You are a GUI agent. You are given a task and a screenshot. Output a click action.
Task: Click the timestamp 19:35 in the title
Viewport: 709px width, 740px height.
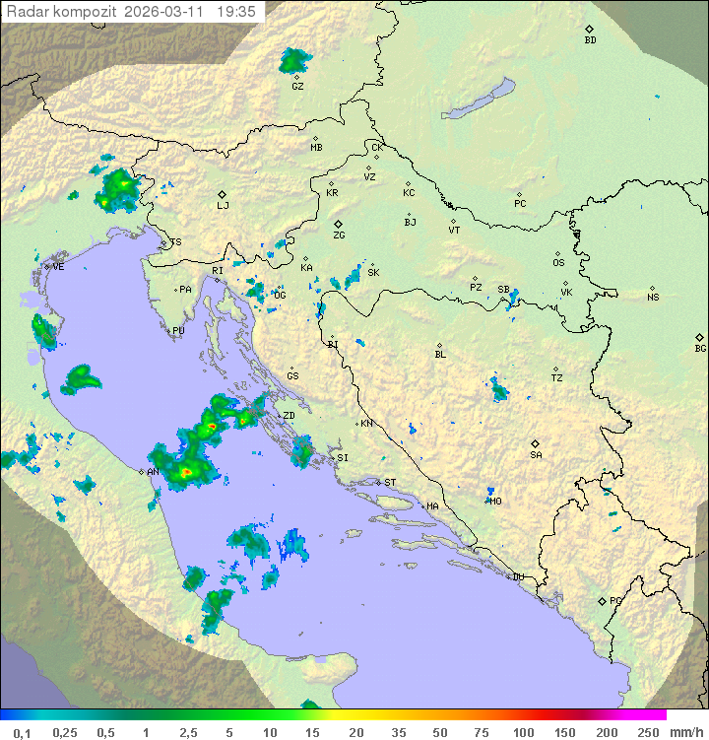pyautogui.click(x=239, y=12)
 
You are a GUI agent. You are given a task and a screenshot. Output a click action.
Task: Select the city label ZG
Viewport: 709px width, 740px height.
pyautogui.click(x=339, y=235)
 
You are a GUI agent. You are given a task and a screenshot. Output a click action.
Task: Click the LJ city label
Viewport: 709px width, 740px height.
pyautogui.click(x=223, y=205)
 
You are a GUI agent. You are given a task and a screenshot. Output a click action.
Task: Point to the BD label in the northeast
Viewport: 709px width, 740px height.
pyautogui.click(x=590, y=40)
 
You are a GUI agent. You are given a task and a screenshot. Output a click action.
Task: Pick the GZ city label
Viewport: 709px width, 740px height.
pyautogui.click(x=297, y=86)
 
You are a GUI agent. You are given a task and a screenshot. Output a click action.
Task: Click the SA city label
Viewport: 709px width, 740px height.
pyautogui.click(x=536, y=454)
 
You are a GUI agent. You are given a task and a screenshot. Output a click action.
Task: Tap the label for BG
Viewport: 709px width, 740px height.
pyautogui.click(x=700, y=348)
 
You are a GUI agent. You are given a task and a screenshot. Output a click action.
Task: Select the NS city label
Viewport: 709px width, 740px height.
pyautogui.click(x=653, y=297)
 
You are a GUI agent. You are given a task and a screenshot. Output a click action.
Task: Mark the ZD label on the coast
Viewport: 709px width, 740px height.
pyautogui.click(x=289, y=416)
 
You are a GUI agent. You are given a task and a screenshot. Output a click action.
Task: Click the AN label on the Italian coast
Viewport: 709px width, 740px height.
pyautogui.click(x=153, y=472)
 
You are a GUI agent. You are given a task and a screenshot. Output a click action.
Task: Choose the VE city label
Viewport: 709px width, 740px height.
pyautogui.click(x=58, y=266)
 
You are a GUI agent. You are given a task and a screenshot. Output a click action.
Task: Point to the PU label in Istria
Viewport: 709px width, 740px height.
pyautogui.click(x=178, y=331)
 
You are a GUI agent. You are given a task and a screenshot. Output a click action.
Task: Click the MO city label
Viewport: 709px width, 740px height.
pyautogui.click(x=495, y=501)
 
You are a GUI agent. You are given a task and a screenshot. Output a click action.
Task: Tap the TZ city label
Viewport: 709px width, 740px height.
pyautogui.click(x=557, y=377)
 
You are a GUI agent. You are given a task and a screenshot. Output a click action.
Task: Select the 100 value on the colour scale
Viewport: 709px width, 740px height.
pyautogui.click(x=523, y=732)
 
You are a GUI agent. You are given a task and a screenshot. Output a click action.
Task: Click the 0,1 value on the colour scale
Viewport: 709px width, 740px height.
pyautogui.click(x=22, y=732)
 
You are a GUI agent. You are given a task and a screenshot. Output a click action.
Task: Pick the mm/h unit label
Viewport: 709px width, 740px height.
pyautogui.click(x=684, y=732)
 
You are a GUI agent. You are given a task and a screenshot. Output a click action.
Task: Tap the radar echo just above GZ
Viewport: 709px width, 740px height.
pyautogui.click(x=292, y=61)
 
